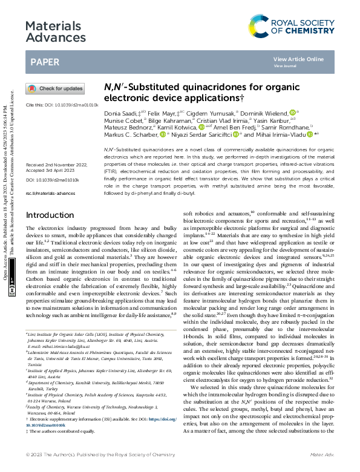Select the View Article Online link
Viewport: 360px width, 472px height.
[298, 59]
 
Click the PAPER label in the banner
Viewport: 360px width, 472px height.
[45, 62]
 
